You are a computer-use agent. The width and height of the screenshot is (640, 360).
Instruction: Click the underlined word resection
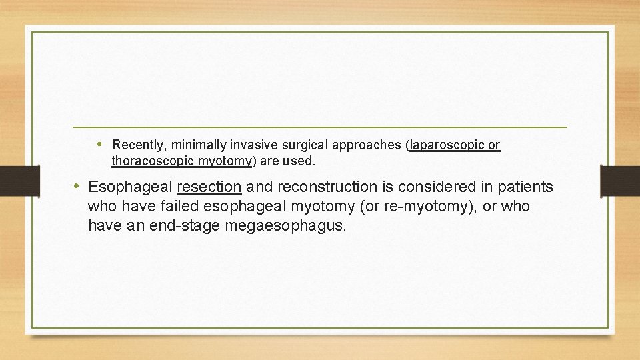[x=209, y=187]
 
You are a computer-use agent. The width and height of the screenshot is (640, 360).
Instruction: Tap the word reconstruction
[x=319, y=187]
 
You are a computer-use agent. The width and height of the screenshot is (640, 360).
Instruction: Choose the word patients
[x=526, y=187]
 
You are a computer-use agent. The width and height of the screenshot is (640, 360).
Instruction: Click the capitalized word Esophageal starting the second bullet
[x=129, y=187]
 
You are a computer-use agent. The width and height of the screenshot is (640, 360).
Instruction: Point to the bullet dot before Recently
[x=99, y=144]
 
